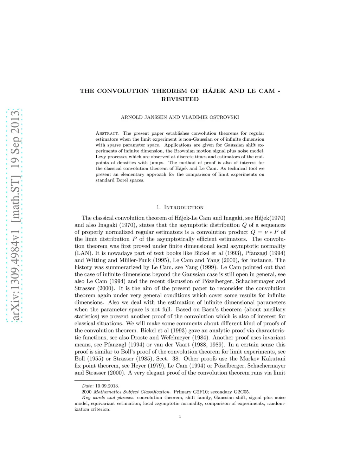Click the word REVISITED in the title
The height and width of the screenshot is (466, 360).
click(180, 99)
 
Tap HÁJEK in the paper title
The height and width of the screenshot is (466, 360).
click(214, 91)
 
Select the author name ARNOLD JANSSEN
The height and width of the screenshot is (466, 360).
click(144, 117)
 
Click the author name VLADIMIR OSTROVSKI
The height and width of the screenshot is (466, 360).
click(210, 117)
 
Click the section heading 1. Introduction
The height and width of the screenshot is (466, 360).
click(180, 208)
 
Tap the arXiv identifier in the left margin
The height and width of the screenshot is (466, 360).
click(15, 216)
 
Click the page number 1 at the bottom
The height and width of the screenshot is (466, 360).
click(180, 417)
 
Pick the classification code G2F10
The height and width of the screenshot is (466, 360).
click(201, 392)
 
